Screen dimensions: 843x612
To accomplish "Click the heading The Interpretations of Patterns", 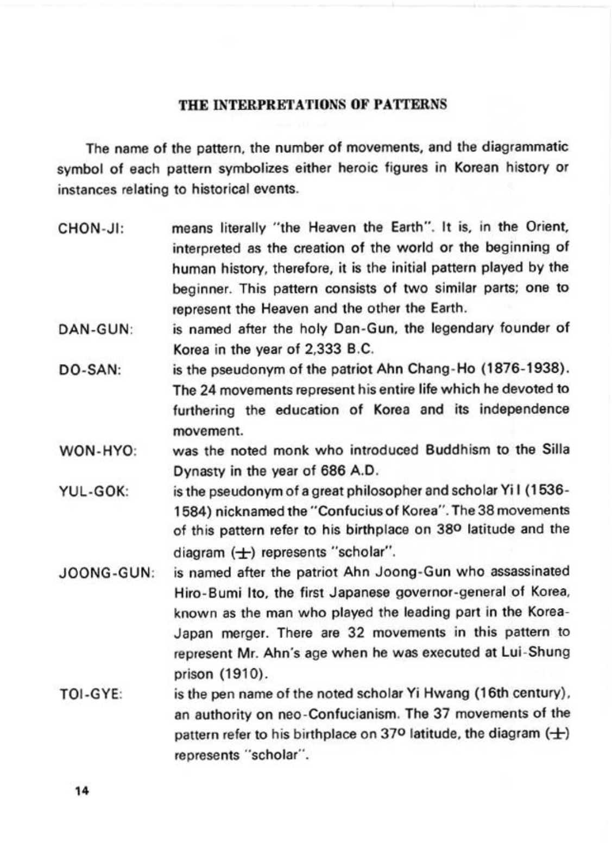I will point(313,104).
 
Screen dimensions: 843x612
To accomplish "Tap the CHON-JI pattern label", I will point(91,228).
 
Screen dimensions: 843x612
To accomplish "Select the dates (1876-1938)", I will point(522,369).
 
